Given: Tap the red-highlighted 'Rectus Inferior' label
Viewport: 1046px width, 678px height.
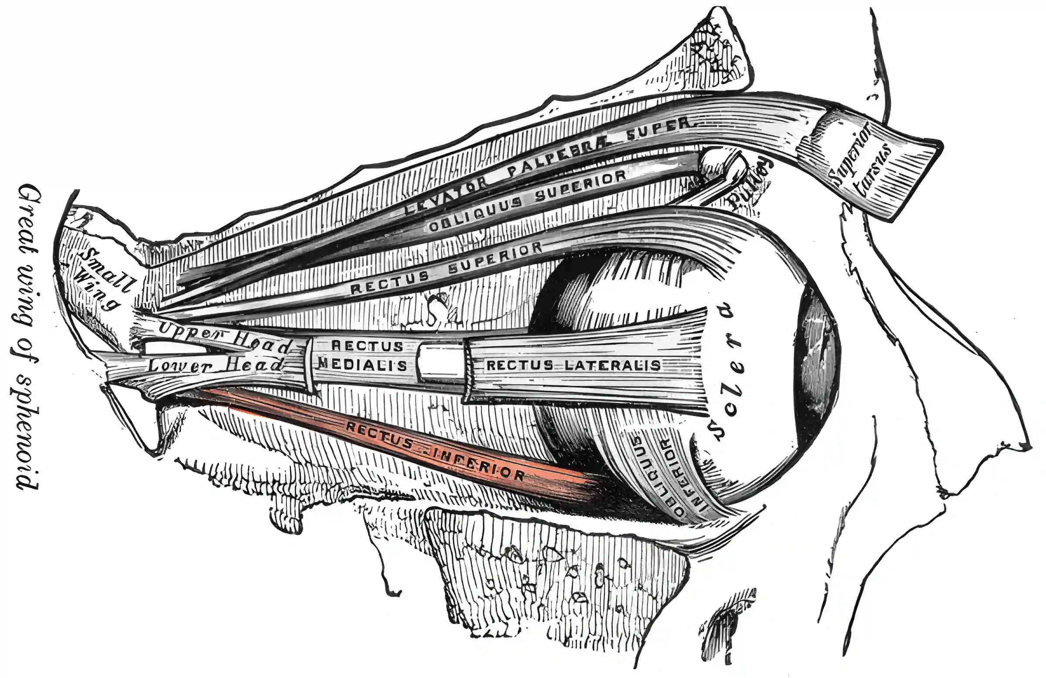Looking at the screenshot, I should [x=435, y=451].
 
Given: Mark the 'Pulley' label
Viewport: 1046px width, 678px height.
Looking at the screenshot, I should [x=749, y=185].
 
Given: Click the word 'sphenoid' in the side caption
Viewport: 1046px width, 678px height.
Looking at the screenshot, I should [x=27, y=439].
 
